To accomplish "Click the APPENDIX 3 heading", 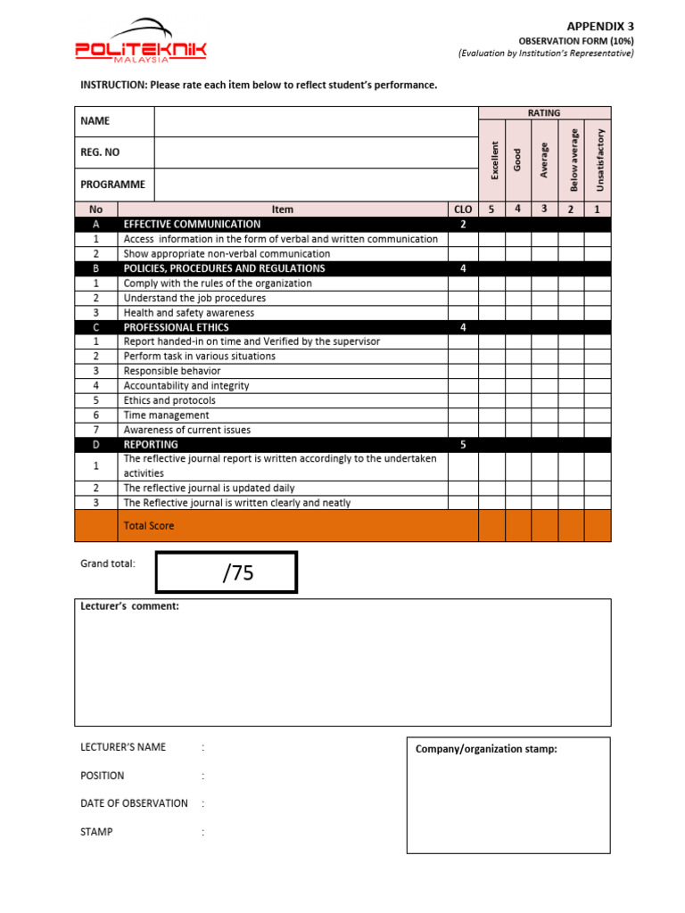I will [x=600, y=27].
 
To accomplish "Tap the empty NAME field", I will [x=316, y=121].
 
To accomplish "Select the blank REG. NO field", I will [x=316, y=152].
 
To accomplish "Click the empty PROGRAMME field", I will [x=316, y=185].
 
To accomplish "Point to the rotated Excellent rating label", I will [x=492, y=160].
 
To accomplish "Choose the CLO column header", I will [x=463, y=210].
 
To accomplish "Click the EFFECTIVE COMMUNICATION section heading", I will [x=192, y=225].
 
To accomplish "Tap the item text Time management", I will [x=167, y=415].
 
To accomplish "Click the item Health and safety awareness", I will [x=189, y=313].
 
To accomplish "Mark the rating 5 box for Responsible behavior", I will [x=491, y=371].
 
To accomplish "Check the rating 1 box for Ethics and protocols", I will [x=598, y=400].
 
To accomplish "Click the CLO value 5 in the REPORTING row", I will [x=463, y=444].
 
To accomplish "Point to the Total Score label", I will [x=149, y=526].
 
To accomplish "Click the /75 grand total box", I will [x=227, y=572].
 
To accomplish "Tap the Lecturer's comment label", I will [x=130, y=606].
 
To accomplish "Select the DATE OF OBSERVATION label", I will [x=134, y=803].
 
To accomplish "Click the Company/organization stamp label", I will [x=486, y=749].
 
